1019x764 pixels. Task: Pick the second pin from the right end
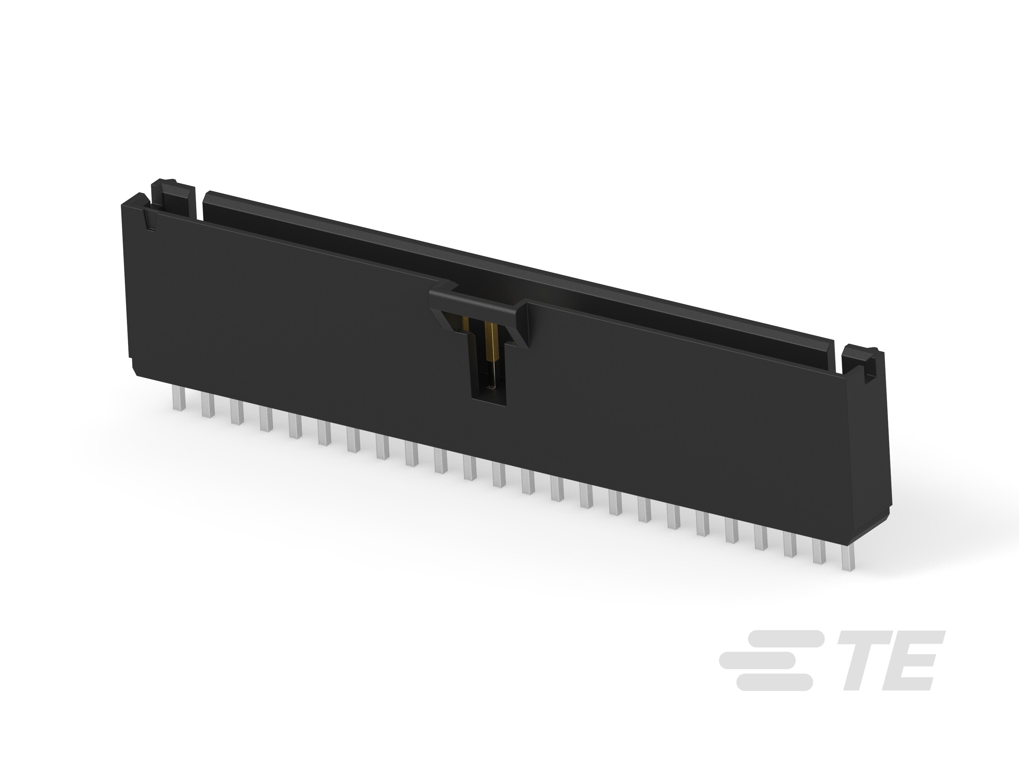tap(819, 551)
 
